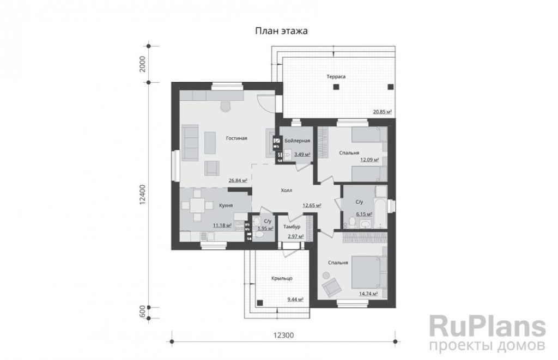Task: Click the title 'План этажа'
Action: (281, 31)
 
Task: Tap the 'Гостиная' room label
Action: (236, 138)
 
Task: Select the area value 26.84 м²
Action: (238, 180)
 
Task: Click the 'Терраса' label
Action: (336, 76)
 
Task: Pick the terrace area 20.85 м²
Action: (382, 112)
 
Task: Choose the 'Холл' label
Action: (287, 191)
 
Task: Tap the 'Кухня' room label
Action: (226, 206)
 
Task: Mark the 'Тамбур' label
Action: (292, 227)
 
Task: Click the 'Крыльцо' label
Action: (282, 278)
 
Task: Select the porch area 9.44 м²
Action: (295, 300)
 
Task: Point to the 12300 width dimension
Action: (283, 335)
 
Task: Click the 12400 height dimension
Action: (143, 194)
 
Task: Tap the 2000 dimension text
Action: (143, 64)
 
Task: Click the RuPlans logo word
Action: (488, 327)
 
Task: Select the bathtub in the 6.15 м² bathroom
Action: (381, 213)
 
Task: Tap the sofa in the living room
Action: (190, 143)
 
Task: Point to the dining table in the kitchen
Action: (196, 206)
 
